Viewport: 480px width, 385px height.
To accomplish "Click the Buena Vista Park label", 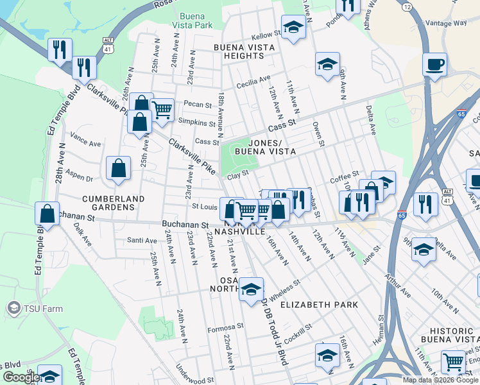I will tap(196, 21).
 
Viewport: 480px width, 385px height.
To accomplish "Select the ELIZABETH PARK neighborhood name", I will tap(319, 304).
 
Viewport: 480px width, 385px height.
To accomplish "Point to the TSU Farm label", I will tap(35, 309).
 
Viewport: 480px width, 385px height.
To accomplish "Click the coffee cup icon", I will tap(435, 65).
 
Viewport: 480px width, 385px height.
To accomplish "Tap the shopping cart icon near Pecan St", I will tap(162, 110).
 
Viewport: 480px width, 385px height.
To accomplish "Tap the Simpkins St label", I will tap(196, 123).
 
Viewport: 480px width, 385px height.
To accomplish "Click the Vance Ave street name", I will tap(86, 139).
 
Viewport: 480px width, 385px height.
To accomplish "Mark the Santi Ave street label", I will tap(142, 241).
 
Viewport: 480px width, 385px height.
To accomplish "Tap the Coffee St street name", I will tap(344, 176).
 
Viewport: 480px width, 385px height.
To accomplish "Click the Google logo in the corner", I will tap(20, 377).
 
